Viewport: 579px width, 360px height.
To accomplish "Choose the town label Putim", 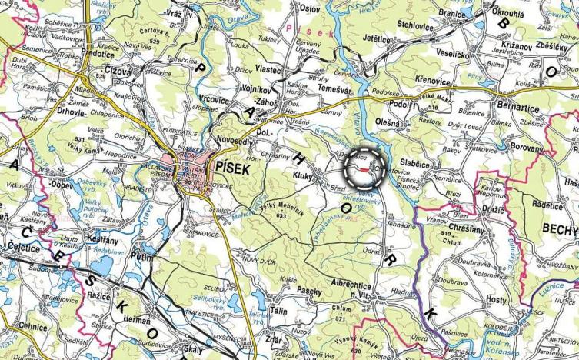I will (142, 256).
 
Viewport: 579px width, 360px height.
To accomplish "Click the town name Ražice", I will (100, 295).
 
